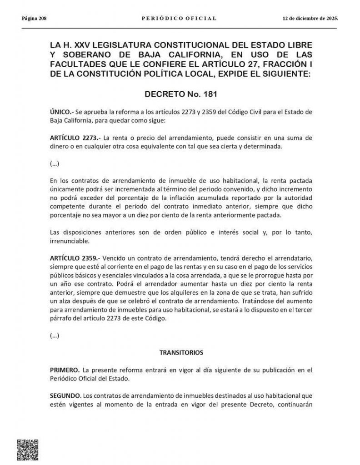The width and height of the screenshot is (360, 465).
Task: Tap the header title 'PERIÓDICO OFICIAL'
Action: click(180, 19)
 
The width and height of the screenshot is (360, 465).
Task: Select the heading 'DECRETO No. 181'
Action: click(180, 95)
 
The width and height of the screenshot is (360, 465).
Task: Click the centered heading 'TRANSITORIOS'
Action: click(180, 352)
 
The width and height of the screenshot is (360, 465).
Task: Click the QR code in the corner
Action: click(27, 450)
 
